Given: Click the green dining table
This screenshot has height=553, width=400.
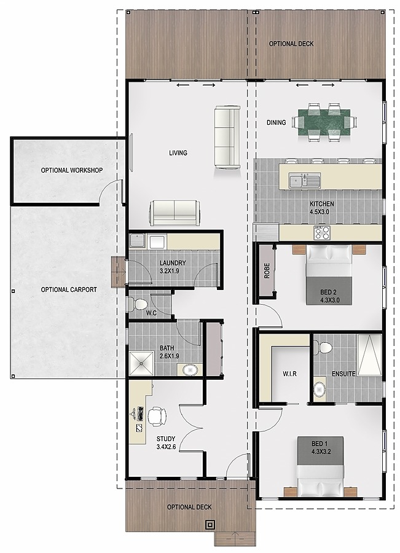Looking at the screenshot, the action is click(324, 122).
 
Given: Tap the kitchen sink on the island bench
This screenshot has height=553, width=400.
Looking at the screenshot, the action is click(304, 180).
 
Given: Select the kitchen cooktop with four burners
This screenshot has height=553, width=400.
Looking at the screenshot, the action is click(322, 232).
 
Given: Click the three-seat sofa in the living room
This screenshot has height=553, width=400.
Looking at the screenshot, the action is click(227, 137).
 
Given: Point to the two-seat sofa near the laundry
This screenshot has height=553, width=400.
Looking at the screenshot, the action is click(175, 213).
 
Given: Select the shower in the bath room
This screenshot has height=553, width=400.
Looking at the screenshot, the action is click(142, 363).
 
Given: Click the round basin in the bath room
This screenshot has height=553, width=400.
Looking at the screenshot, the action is click(190, 370).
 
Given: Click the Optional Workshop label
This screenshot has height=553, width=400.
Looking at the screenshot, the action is click(72, 170).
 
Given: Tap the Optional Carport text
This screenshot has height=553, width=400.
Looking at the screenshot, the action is click(69, 289).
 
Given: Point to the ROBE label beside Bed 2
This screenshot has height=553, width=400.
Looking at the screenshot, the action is click(267, 271).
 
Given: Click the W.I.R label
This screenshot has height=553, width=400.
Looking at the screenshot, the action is click(289, 374).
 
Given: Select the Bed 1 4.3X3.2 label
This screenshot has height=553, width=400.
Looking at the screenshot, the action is click(321, 447).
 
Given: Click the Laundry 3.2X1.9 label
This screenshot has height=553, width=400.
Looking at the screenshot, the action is click(173, 267).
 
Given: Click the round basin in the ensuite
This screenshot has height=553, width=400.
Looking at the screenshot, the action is click(320, 389).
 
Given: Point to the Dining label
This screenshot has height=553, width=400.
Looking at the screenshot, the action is click(276, 122).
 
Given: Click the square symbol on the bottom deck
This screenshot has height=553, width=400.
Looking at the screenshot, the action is click(210, 525).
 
